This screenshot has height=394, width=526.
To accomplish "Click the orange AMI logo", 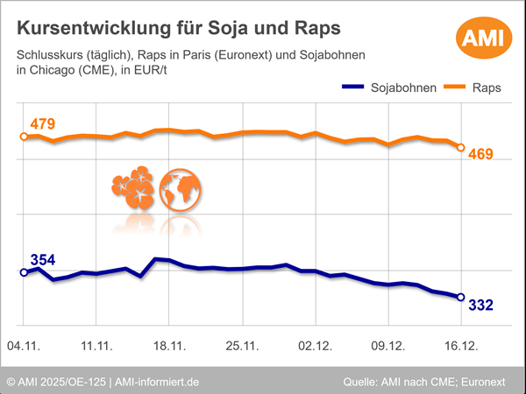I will tap(480, 38).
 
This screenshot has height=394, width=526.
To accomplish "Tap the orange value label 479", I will tap(42, 123).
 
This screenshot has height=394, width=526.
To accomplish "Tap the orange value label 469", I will tap(480, 155).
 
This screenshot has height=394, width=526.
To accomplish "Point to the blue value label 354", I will tap(43, 259).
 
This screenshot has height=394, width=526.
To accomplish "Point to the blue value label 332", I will tap(480, 305).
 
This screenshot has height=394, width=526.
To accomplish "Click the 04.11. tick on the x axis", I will tap(24, 347).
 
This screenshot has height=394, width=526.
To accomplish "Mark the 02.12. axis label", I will tap(315, 347).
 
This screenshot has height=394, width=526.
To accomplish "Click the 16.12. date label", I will tap(460, 347).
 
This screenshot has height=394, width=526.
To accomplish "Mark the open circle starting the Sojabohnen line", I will tap(24, 272).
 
